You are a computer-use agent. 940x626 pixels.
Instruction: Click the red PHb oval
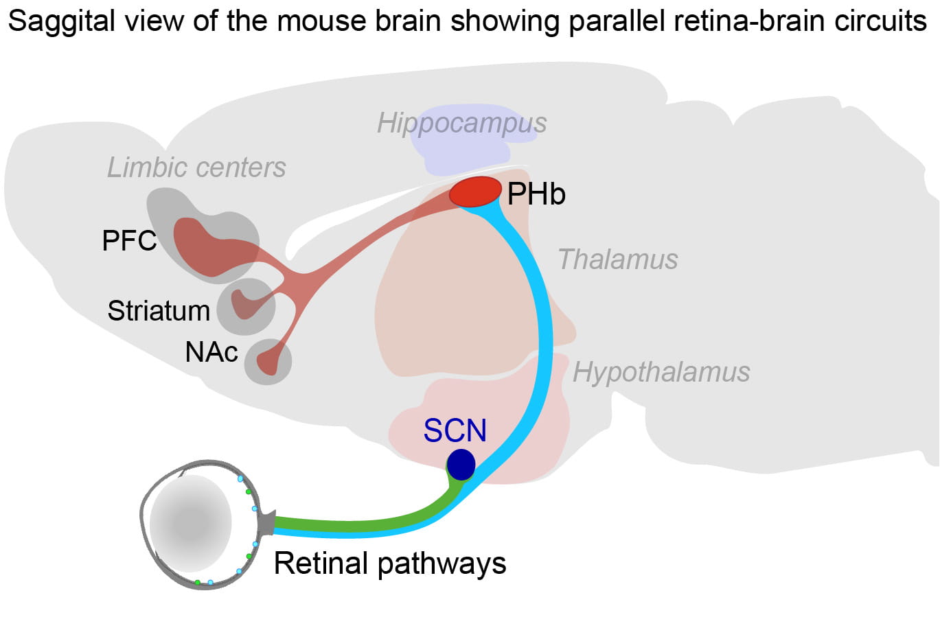coord(475,192)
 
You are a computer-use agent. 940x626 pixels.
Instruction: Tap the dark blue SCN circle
coord(461,465)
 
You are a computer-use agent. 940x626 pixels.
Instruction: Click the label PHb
coord(536,194)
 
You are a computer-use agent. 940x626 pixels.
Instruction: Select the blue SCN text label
coord(455,430)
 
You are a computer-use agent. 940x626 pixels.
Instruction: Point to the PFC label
coord(129,241)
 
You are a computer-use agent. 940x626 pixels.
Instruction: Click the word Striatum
coord(159,311)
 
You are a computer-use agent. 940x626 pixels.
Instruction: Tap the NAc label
coord(211,352)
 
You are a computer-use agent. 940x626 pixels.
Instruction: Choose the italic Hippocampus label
coord(461,124)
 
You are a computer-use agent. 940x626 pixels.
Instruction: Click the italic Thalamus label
coord(617,260)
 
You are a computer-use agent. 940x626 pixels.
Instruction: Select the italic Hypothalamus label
coord(661,372)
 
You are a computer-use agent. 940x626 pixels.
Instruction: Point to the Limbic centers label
coord(196,167)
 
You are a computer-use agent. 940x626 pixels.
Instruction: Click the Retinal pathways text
coord(389,564)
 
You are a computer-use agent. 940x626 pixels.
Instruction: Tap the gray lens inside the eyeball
coord(190,523)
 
